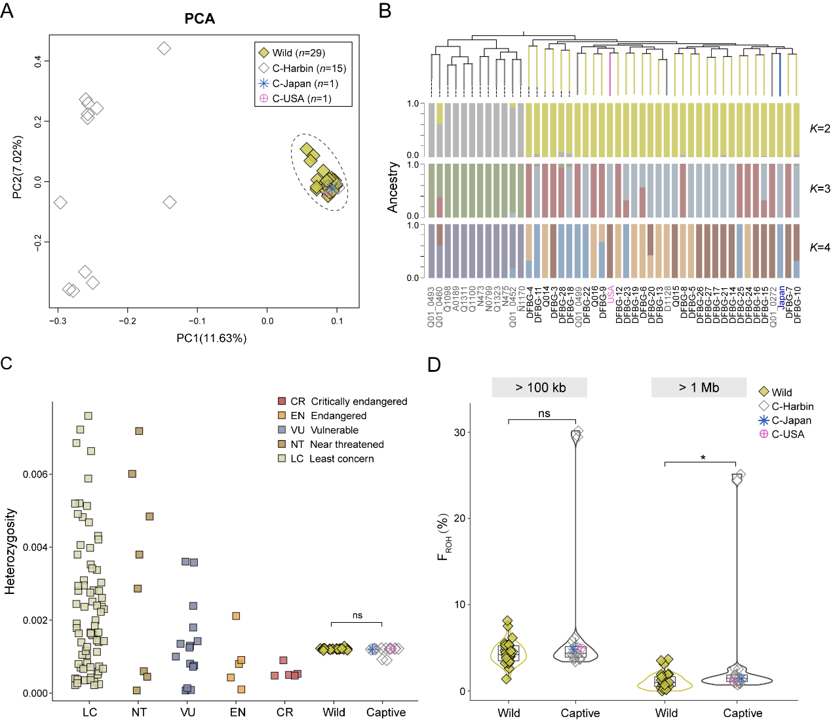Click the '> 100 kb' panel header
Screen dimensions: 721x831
coord(539,387)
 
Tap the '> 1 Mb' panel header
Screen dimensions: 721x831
coord(699,387)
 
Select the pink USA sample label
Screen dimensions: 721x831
coord(611,295)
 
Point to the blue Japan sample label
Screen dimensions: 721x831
coord(782,298)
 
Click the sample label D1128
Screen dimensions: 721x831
coord(667,299)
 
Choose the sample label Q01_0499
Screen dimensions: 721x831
coord(579,306)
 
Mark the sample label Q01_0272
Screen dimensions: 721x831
coord(773,306)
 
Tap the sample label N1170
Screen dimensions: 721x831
coord(522,299)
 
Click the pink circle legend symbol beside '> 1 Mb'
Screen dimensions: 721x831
coord(763,434)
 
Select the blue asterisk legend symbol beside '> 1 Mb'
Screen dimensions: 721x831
coord(763,420)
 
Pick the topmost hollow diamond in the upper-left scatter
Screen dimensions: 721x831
coord(164,48)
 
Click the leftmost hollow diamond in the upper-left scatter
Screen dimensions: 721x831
coord(60,203)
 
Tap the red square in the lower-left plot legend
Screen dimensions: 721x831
coord(282,401)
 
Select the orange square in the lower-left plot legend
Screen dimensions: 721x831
coord(282,415)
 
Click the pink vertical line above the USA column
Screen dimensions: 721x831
coord(610,74)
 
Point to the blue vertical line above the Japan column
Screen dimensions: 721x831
coord(780,74)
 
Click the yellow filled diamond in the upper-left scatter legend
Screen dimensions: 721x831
coord(263,53)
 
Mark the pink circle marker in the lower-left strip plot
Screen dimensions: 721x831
coord(391,648)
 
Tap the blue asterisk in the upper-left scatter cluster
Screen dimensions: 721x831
coord(332,189)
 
